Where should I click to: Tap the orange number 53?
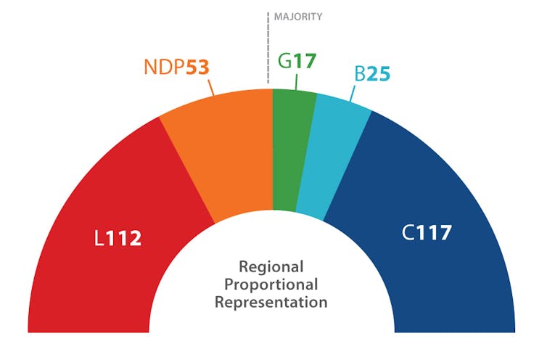point(197,68)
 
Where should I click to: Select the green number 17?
point(305,60)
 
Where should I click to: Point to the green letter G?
point(286,60)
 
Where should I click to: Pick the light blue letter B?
point(360,73)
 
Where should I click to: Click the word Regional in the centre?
point(271,266)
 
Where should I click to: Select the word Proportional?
point(271,285)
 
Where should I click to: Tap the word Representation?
point(271,303)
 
